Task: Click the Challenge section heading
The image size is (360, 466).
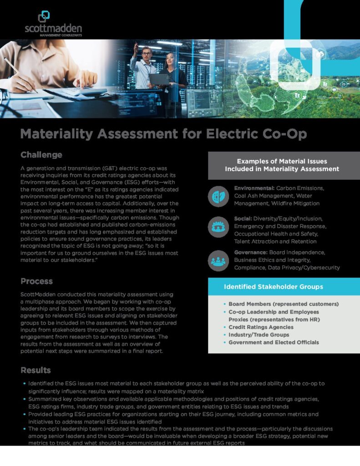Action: click(41, 155)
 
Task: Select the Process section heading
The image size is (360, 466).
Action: click(36, 281)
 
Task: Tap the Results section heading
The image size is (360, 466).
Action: click(35, 370)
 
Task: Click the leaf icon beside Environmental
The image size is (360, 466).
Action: click(218, 197)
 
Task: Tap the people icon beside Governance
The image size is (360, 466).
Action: click(218, 260)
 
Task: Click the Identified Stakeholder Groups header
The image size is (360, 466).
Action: click(273, 287)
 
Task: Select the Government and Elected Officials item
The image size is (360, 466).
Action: click(273, 342)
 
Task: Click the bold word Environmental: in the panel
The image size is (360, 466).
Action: click(254, 188)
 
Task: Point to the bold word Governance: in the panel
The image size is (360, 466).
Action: click(250, 252)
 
